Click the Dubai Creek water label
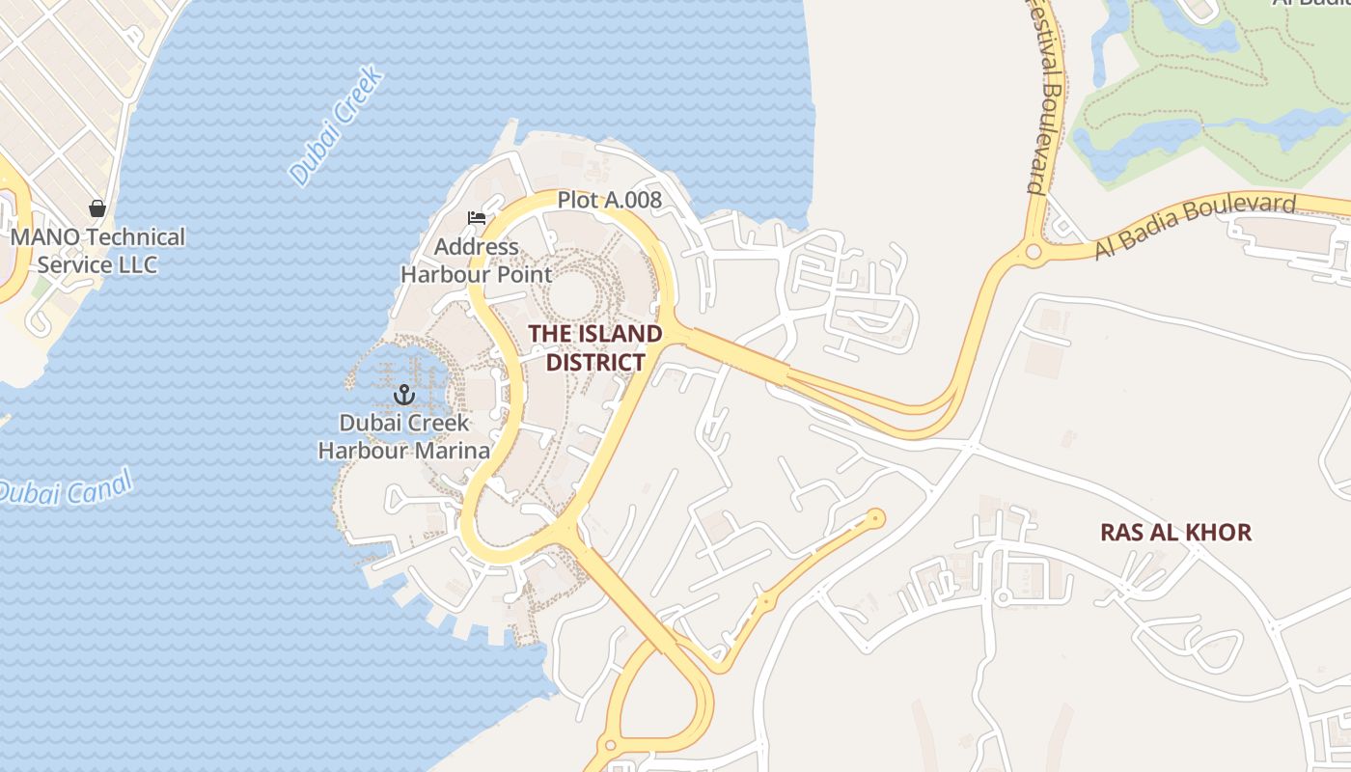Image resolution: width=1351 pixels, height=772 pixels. pos(336,126)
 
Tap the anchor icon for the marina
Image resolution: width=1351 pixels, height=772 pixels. pos(404,394)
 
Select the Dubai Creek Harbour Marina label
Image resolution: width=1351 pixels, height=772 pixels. pos(404,436)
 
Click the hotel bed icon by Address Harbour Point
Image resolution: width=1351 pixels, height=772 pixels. pos(477,218)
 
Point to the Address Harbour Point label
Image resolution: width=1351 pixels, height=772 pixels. pos(477,261)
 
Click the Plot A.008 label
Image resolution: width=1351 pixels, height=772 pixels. pos(610,200)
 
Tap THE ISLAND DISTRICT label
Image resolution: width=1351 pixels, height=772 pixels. pos(595,347)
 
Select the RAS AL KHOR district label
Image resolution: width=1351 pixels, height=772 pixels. pos(1175,532)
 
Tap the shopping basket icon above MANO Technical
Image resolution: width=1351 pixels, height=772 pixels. pos(97,208)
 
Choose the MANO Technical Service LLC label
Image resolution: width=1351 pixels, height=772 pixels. pos(97,250)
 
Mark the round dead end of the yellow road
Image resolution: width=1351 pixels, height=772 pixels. pos(876,518)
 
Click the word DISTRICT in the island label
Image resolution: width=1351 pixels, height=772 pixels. pos(595,362)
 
